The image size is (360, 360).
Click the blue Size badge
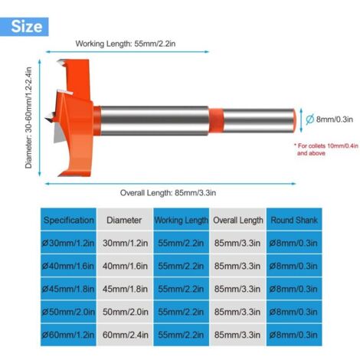tap(25, 27)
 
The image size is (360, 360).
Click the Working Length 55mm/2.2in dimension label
tap(126, 44)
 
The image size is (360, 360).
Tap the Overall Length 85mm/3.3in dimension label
tap(168, 193)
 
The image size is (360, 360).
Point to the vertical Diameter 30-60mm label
tap(28, 118)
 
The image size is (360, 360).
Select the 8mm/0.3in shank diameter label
tap(329, 119)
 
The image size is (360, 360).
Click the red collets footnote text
tap(326, 149)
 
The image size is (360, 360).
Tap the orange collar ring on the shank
tap(216, 120)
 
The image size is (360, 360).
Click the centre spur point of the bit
tap(49, 118)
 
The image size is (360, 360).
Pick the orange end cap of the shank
tap(294, 120)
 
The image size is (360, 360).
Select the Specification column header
tap(68, 220)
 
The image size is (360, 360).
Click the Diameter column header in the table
tap(125, 220)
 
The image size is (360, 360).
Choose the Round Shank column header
tap(294, 220)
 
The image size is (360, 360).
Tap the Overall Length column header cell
tap(238, 220)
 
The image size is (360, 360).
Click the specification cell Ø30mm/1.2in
tap(68, 243)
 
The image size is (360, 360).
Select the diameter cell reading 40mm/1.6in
tap(125, 266)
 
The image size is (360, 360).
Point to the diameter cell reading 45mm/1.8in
tap(125, 289)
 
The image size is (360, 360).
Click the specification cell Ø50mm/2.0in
tap(68, 312)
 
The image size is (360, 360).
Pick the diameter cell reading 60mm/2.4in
tap(125, 335)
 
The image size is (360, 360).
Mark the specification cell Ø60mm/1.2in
tap(68, 335)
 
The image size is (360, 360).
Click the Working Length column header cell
tap(182, 220)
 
